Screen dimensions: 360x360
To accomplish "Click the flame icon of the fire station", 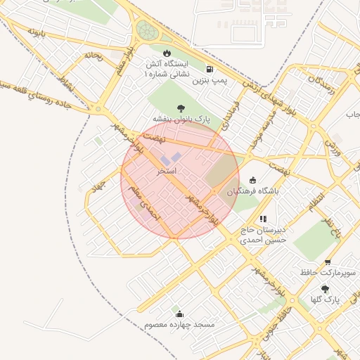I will [167, 53].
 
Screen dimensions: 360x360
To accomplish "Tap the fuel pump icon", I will [210, 69].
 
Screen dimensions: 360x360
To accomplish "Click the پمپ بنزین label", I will [212, 82].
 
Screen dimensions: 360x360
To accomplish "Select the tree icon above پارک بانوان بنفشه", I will [181, 108].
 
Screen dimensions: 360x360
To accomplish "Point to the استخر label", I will [167, 171].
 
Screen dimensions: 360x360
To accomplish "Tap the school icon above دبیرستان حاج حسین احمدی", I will [264, 219].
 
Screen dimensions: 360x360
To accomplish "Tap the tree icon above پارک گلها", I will [324, 288].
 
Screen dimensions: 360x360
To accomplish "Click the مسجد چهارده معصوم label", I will [179, 325].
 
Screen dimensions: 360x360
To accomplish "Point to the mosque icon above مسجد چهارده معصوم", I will [179, 314].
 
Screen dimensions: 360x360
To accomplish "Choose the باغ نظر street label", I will [326, 227].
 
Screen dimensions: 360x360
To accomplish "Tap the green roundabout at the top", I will [146, 30].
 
